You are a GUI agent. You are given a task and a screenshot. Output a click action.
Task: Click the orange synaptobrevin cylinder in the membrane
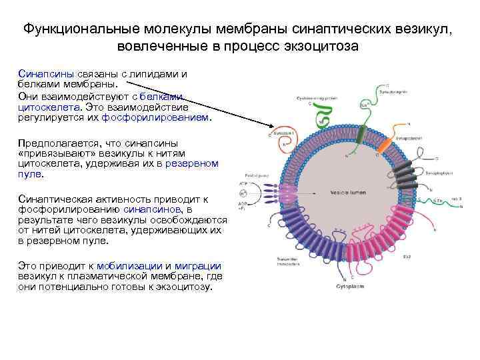tap(385, 143)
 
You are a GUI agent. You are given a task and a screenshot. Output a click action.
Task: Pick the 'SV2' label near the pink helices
tap(406, 257)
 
